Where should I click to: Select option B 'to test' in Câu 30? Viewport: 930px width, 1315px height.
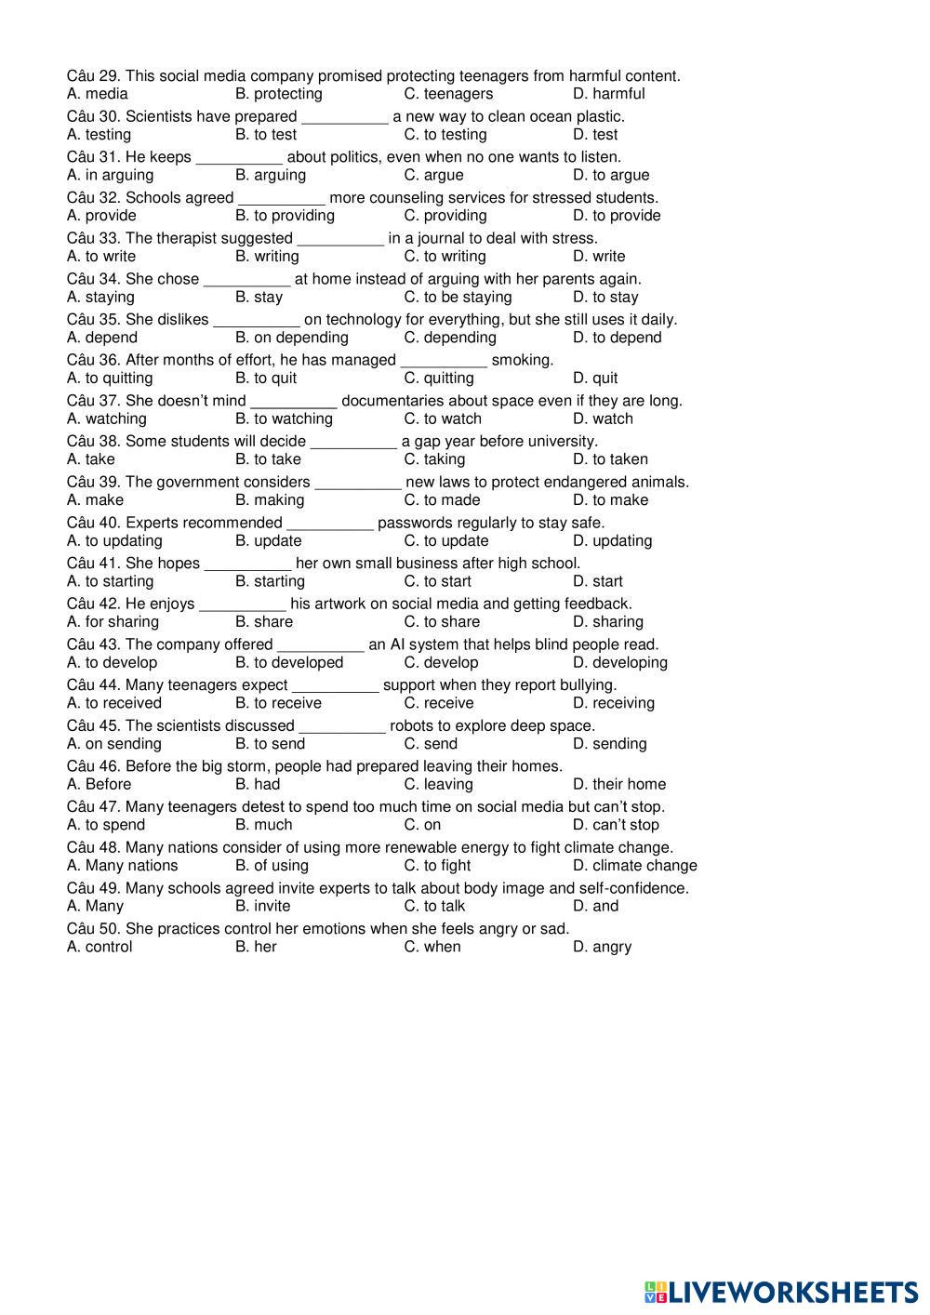(x=266, y=135)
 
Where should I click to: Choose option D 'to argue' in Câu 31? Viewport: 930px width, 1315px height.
(x=611, y=175)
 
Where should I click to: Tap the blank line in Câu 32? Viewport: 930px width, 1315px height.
(x=282, y=198)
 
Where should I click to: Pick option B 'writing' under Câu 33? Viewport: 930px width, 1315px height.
(x=267, y=257)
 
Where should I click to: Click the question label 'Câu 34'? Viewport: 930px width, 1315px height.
(x=93, y=279)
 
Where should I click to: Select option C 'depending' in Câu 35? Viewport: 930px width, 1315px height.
(x=450, y=338)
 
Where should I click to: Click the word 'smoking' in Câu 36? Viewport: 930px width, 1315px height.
(x=521, y=360)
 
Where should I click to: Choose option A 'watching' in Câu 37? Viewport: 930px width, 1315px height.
(x=107, y=418)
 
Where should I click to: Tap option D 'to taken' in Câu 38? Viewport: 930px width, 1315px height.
(x=610, y=459)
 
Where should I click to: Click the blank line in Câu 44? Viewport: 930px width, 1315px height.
(x=336, y=685)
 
